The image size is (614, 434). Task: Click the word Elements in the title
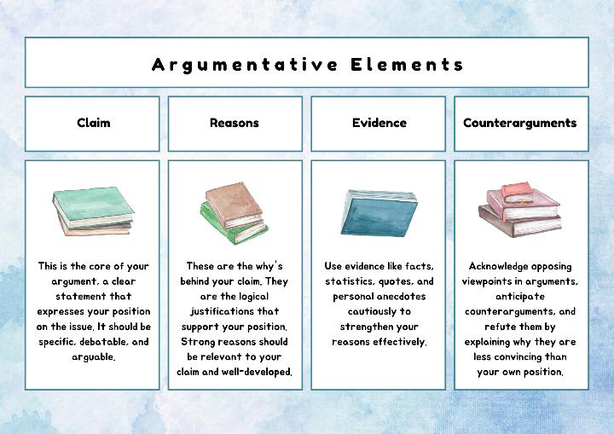click(408, 64)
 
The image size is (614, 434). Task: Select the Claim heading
click(93, 123)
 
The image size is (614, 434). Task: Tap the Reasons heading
click(235, 123)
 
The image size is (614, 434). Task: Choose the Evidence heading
click(379, 123)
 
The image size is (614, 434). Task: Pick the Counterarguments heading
click(520, 123)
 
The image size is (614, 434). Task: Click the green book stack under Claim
click(93, 211)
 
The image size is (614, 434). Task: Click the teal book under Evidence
click(376, 211)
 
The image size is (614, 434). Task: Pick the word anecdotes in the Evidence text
click(397, 297)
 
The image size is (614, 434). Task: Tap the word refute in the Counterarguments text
click(503, 327)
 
